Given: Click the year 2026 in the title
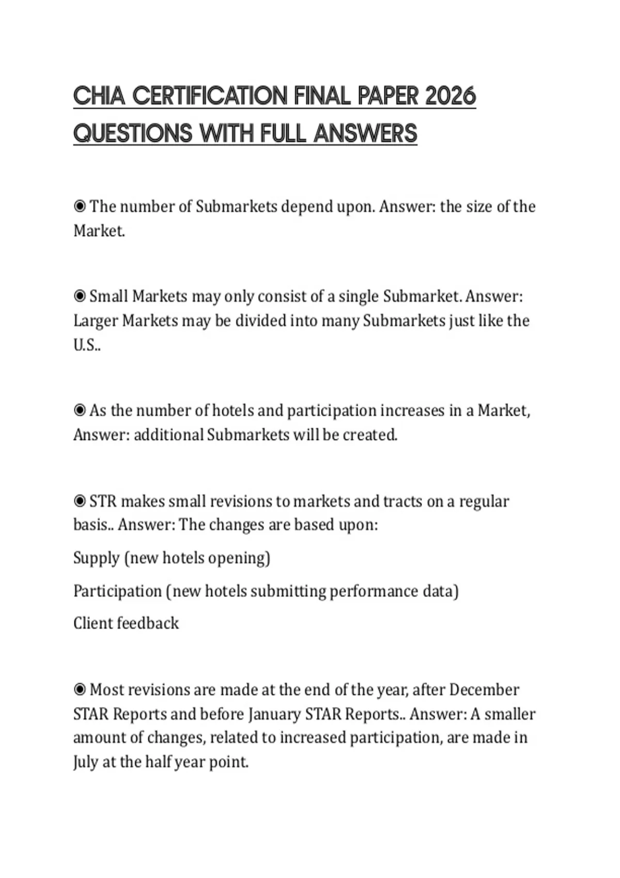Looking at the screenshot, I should [450, 96].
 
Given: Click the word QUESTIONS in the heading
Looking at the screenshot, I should [133, 133].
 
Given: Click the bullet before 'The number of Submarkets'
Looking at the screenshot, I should [80, 207].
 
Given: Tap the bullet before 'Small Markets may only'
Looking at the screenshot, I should [80, 296].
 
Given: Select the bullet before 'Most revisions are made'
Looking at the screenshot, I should [80, 689].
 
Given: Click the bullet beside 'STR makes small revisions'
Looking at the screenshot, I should [80, 501].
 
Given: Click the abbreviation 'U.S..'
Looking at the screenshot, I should [87, 344].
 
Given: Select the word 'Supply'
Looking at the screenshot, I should [97, 558].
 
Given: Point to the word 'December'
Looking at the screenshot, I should [484, 689].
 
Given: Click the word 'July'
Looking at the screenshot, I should [85, 762].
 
